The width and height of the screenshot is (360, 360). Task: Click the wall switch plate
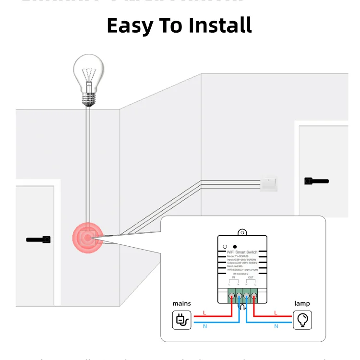point(268,184)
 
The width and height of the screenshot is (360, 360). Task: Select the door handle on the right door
point(316,181)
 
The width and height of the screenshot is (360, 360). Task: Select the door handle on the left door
point(38,239)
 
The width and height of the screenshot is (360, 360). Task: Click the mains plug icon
point(182,320)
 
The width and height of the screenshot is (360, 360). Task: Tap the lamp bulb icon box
point(302,320)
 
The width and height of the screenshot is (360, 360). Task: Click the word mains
point(182,303)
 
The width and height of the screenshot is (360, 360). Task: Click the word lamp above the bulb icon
point(302,303)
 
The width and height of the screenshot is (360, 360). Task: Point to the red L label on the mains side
point(205,312)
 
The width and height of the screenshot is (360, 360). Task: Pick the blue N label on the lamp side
point(276,326)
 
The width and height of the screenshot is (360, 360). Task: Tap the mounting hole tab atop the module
point(243,233)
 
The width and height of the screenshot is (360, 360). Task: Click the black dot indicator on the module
point(235,246)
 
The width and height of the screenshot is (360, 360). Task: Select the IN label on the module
point(234,277)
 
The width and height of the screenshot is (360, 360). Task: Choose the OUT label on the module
point(251,277)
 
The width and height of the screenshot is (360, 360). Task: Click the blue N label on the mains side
point(205,326)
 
